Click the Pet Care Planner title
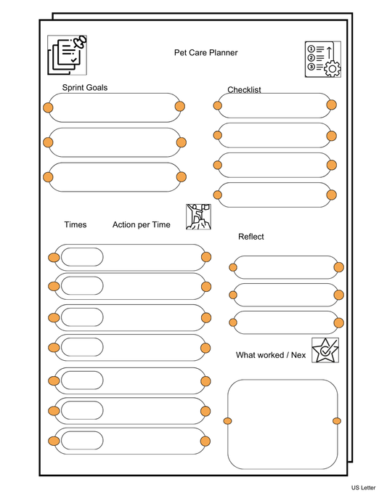(x=205, y=52)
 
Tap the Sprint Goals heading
(x=85, y=88)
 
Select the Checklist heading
(x=244, y=90)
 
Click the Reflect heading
(x=251, y=237)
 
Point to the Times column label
(x=75, y=224)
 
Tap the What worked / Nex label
(x=272, y=354)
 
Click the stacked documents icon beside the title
(x=66, y=54)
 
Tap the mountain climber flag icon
(x=198, y=216)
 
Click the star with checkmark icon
(x=324, y=350)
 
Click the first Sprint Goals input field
(x=115, y=107)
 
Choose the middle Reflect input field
(x=285, y=294)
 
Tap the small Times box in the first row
(x=82, y=257)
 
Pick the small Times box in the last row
(x=82, y=441)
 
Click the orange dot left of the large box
(x=228, y=421)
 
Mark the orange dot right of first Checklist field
(x=331, y=105)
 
